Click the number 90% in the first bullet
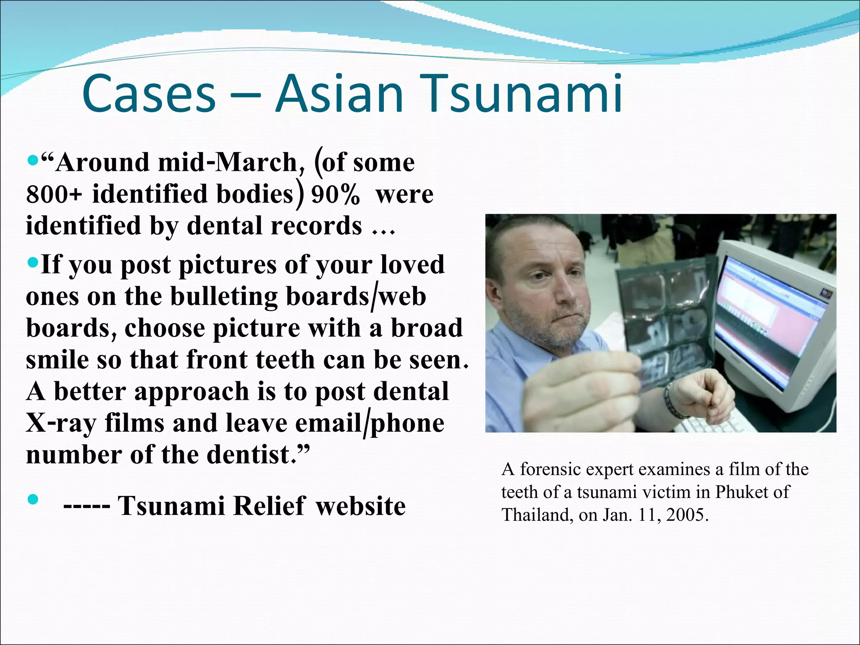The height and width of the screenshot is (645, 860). tap(335, 195)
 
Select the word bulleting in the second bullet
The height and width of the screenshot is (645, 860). tap(224, 296)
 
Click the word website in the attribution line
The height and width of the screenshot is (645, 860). tap(361, 506)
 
